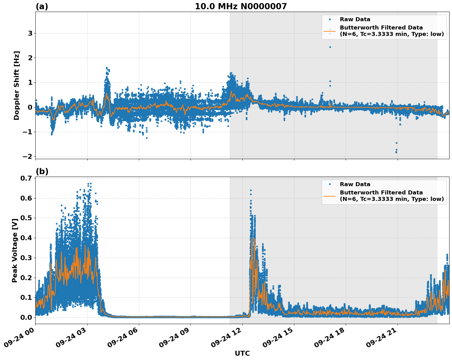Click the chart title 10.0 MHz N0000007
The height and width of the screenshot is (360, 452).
coord(241,6)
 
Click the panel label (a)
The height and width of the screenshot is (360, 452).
coord(42,6)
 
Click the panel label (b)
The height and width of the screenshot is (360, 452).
coord(42,171)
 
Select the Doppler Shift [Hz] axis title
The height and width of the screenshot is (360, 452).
coord(17,85)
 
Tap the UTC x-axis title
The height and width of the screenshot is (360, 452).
coord(242,353)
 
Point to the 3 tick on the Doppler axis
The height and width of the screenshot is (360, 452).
coord(30,33)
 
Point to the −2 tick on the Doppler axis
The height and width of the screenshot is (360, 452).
coord(27,156)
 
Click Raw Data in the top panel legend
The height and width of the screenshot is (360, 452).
coord(355,19)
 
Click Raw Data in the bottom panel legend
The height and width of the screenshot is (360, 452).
coord(355,184)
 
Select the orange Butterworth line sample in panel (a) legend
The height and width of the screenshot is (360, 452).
coord(329,31)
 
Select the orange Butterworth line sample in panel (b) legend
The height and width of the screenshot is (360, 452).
coord(329,196)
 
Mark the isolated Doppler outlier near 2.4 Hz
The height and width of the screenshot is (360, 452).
coord(330,47)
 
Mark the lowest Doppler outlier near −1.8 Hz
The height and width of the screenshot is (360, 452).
coord(396,152)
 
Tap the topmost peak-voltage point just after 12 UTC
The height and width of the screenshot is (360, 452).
coord(251,190)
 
